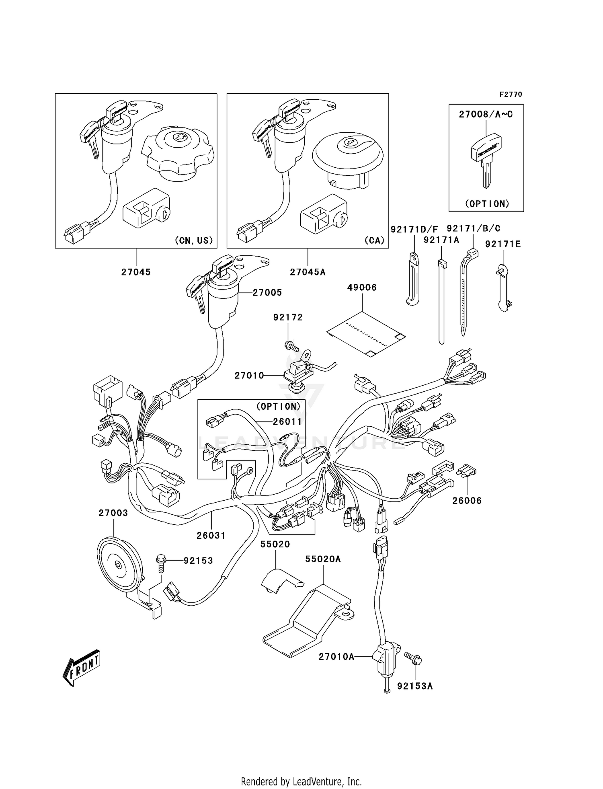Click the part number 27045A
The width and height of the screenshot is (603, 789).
click(x=308, y=272)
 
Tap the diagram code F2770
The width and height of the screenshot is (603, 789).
click(x=511, y=95)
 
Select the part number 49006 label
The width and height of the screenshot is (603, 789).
click(x=362, y=288)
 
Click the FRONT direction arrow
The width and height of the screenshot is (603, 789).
click(x=81, y=668)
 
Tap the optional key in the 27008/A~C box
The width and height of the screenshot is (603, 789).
click(x=486, y=159)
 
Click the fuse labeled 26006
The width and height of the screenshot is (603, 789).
click(x=467, y=471)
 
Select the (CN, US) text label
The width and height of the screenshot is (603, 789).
click(x=193, y=240)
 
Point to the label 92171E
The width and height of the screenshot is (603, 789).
click(x=503, y=244)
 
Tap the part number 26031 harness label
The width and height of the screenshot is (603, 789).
click(x=211, y=536)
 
